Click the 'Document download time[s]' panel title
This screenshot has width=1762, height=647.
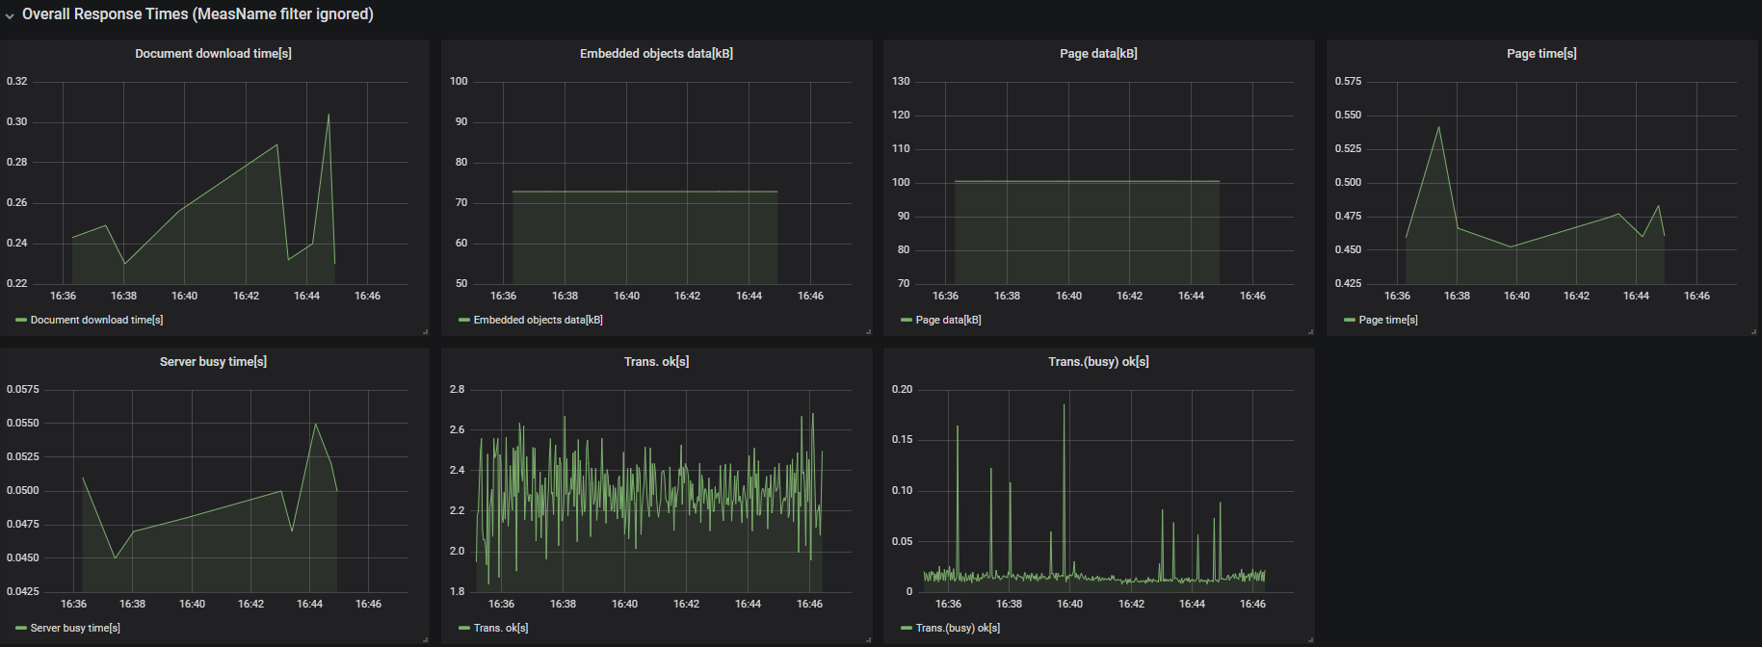213,54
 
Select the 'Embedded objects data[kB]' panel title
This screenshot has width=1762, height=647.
656,54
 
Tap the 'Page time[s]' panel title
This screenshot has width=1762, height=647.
1541,54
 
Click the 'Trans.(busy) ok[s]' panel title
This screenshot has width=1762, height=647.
1098,362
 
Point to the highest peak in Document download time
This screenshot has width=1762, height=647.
329,116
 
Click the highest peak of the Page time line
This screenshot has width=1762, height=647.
1438,128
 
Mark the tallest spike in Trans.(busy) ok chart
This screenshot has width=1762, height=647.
1065,405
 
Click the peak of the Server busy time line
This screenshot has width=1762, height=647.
315,425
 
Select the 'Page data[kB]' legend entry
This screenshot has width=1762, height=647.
948,320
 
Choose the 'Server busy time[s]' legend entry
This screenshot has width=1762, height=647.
75,628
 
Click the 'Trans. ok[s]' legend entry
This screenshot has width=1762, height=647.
500,628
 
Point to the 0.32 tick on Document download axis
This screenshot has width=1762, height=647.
17,81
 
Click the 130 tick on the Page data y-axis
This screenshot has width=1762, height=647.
901,81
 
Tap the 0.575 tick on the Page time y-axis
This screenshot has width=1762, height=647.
1348,81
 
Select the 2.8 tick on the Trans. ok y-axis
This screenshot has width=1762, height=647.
457,389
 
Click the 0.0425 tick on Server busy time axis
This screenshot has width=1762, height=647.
23,591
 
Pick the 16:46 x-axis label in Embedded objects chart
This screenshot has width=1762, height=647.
810,296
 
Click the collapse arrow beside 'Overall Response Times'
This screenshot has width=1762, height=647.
10,15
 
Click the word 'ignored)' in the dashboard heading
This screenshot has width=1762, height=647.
346,14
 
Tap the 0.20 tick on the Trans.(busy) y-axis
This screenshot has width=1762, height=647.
902,389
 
